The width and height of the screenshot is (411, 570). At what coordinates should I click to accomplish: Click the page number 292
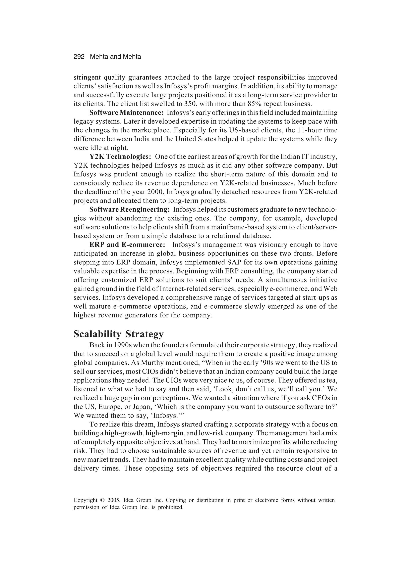pos(79,57)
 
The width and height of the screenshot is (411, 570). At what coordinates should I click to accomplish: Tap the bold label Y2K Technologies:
pos(120,157)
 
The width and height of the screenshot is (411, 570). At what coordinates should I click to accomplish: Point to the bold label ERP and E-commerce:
pos(127,245)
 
